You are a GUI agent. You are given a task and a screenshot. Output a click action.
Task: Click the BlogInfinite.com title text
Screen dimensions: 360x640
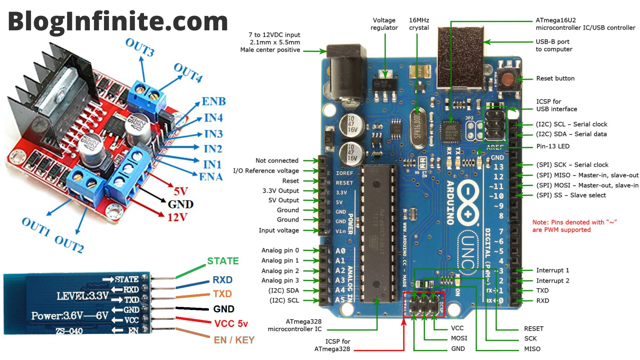118,21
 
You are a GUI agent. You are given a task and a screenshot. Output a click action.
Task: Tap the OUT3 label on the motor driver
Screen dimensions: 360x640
140,47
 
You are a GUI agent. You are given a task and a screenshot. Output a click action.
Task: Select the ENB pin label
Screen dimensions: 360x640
214,101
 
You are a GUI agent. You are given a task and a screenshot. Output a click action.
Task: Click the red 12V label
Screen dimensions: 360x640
177,217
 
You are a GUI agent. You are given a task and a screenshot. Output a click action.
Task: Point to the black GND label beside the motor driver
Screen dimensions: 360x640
181,204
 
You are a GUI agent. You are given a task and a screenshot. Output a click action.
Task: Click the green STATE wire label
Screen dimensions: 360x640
223,261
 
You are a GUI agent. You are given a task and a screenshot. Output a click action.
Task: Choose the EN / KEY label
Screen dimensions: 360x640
234,340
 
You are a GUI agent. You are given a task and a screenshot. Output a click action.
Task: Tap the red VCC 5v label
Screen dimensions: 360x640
231,323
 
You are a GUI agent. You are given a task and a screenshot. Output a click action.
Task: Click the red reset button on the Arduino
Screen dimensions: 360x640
508,80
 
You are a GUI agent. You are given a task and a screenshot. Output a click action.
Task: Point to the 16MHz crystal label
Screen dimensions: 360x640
419,24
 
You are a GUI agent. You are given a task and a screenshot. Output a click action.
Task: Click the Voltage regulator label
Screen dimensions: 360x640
384,24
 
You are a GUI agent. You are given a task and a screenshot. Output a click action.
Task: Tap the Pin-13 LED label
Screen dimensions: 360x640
553,146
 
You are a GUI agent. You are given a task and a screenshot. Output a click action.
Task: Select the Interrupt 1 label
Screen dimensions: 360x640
552,270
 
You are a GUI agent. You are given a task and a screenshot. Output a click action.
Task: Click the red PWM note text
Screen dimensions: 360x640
574,226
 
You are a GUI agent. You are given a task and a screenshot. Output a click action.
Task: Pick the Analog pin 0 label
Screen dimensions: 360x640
280,250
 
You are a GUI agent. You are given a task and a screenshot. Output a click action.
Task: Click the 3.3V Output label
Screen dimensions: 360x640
281,191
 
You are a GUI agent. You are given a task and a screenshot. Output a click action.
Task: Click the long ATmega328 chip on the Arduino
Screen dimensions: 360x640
377,233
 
